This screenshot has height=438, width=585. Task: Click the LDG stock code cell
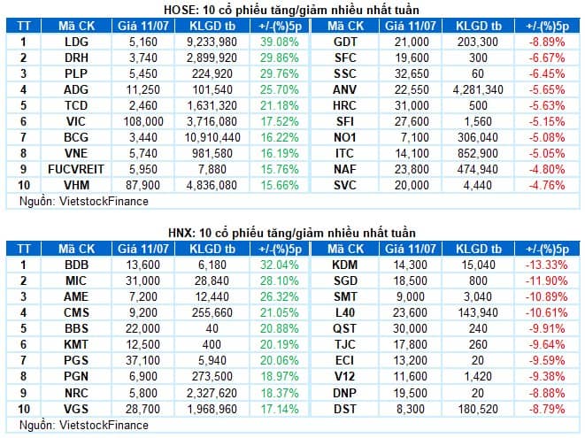click(76, 42)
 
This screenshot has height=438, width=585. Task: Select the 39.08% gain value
click(280, 42)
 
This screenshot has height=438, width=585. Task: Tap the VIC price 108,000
click(143, 121)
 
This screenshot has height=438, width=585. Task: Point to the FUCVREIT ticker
click(76, 169)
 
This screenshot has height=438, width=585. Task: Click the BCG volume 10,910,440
click(212, 137)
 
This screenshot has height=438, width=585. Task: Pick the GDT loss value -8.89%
click(547, 42)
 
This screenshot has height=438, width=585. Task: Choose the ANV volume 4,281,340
click(478, 89)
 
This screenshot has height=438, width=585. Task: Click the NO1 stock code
click(345, 137)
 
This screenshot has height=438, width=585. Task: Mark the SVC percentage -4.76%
click(547, 185)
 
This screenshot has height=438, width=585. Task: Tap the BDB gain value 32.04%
click(280, 265)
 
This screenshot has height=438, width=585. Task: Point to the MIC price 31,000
click(143, 280)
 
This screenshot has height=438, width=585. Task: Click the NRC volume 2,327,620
click(212, 393)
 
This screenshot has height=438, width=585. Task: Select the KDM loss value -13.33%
click(547, 265)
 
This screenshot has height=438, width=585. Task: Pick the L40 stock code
click(345, 312)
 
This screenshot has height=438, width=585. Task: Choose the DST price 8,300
click(411, 409)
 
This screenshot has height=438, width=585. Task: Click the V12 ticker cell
click(345, 376)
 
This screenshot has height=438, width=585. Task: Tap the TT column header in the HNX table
click(24, 249)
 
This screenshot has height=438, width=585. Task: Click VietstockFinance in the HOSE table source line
click(104, 202)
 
